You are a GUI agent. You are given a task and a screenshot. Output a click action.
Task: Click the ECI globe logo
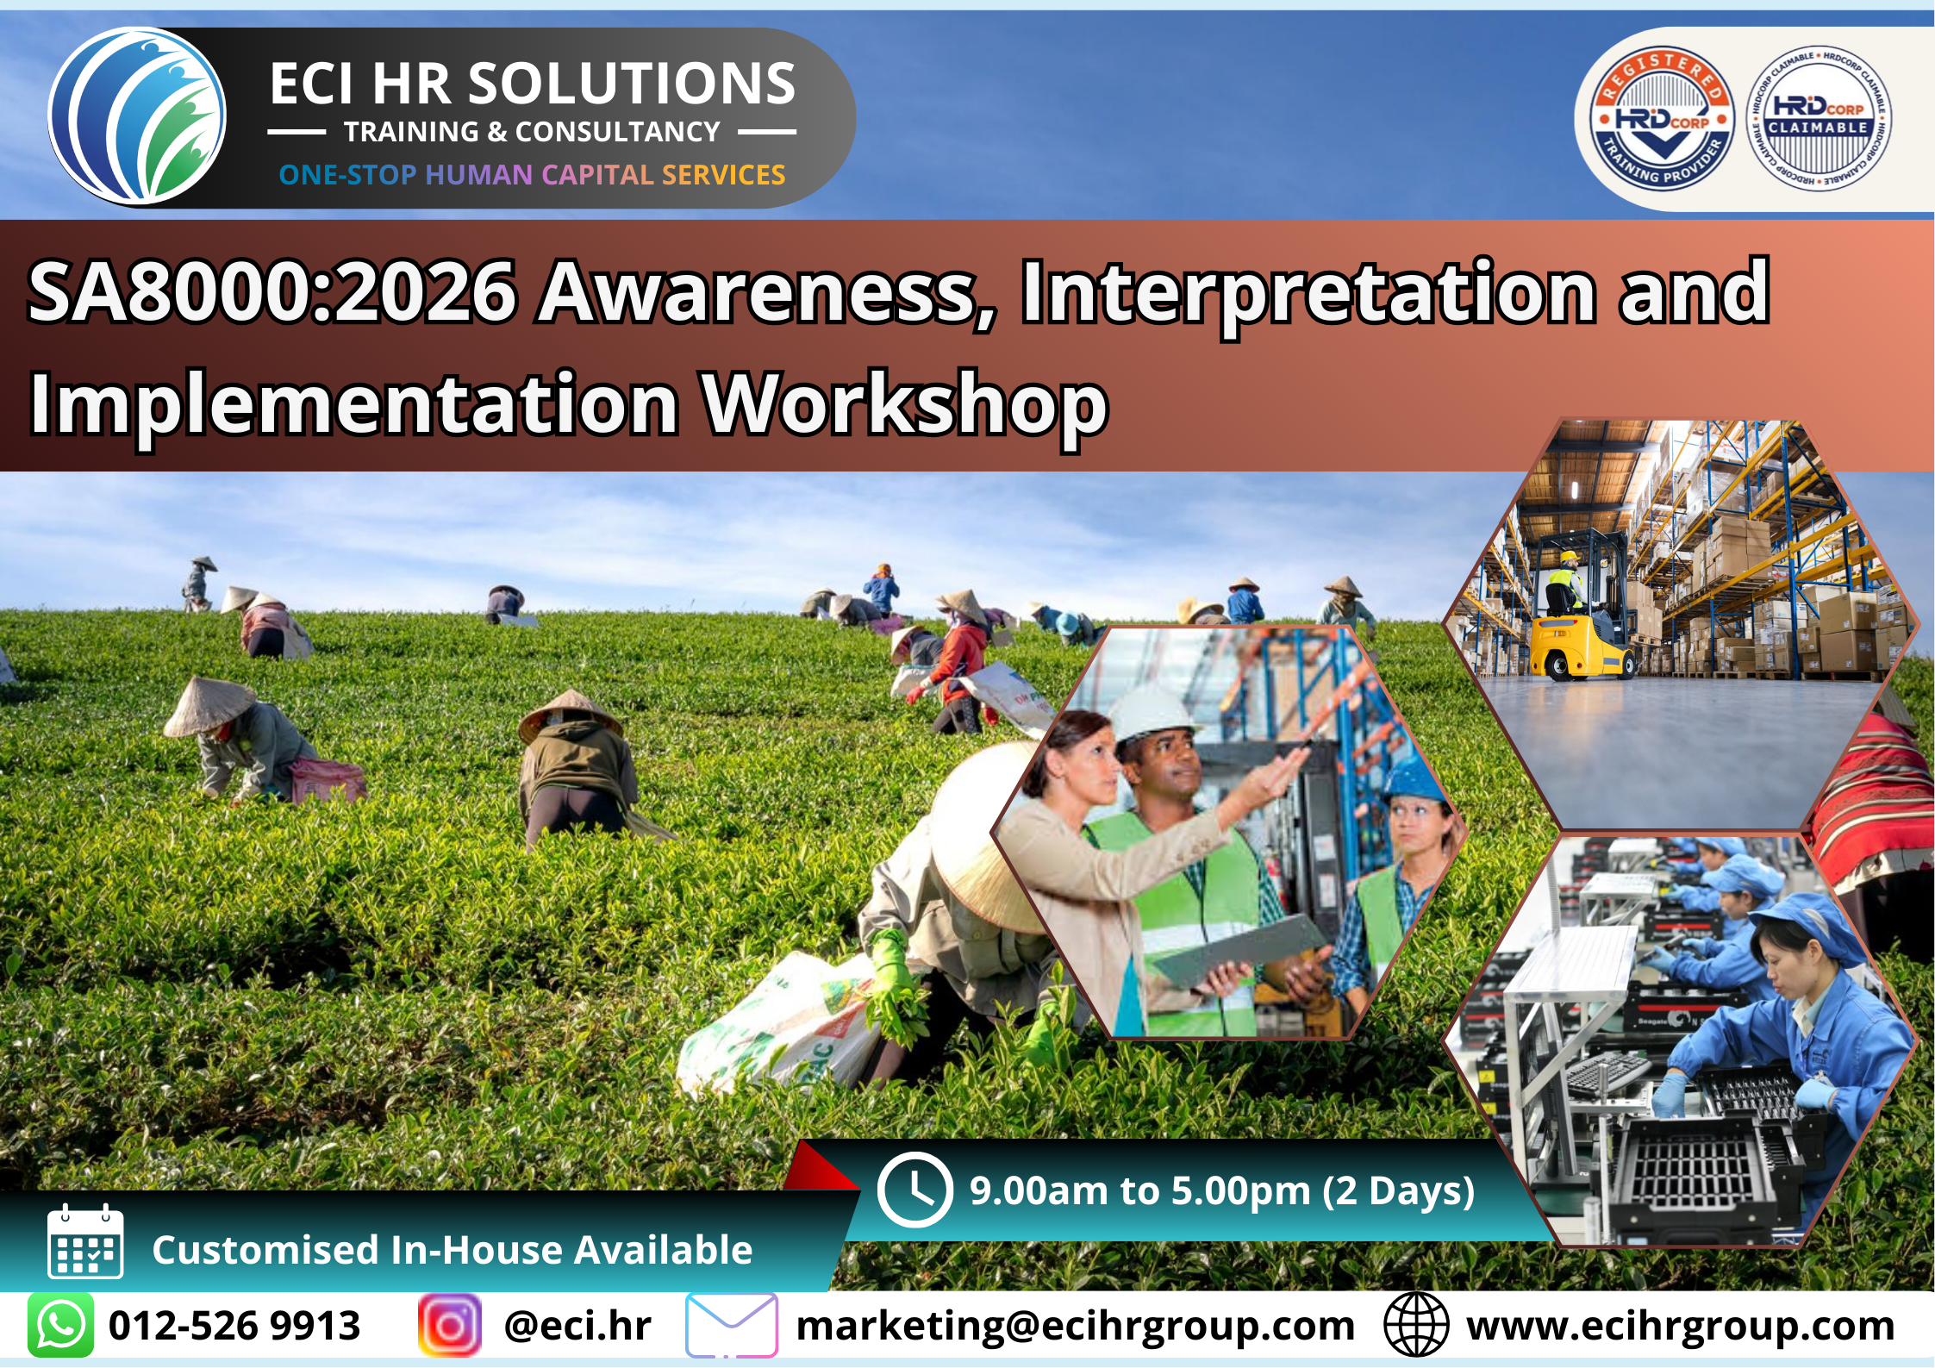pyautogui.click(x=137, y=116)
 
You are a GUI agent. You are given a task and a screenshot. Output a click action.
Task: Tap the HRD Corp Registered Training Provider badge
pyautogui.click(x=1661, y=118)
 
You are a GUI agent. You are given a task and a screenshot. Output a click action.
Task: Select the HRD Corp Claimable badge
pyautogui.click(x=1819, y=118)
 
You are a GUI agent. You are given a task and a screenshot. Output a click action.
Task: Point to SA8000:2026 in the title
pyautogui.click(x=272, y=292)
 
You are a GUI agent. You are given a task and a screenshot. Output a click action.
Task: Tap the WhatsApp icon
pyautogui.click(x=60, y=1325)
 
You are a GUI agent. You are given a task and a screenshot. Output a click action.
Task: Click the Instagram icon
pyautogui.click(x=449, y=1325)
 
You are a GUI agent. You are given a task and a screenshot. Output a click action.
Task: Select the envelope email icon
pyautogui.click(x=732, y=1325)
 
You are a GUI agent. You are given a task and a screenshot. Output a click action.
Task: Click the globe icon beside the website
pyautogui.click(x=1415, y=1325)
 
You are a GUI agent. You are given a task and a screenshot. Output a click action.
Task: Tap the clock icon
pyautogui.click(x=914, y=1190)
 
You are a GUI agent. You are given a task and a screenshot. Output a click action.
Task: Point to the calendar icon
pyautogui.click(x=85, y=1241)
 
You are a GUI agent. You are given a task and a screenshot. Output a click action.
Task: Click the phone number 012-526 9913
pyautogui.click(x=234, y=1326)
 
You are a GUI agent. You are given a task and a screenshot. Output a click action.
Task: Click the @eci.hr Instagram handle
pyautogui.click(x=577, y=1326)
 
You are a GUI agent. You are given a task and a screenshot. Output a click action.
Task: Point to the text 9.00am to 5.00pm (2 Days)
pyautogui.click(x=1222, y=1191)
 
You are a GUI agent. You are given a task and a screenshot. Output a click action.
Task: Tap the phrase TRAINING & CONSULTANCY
pyautogui.click(x=532, y=132)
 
